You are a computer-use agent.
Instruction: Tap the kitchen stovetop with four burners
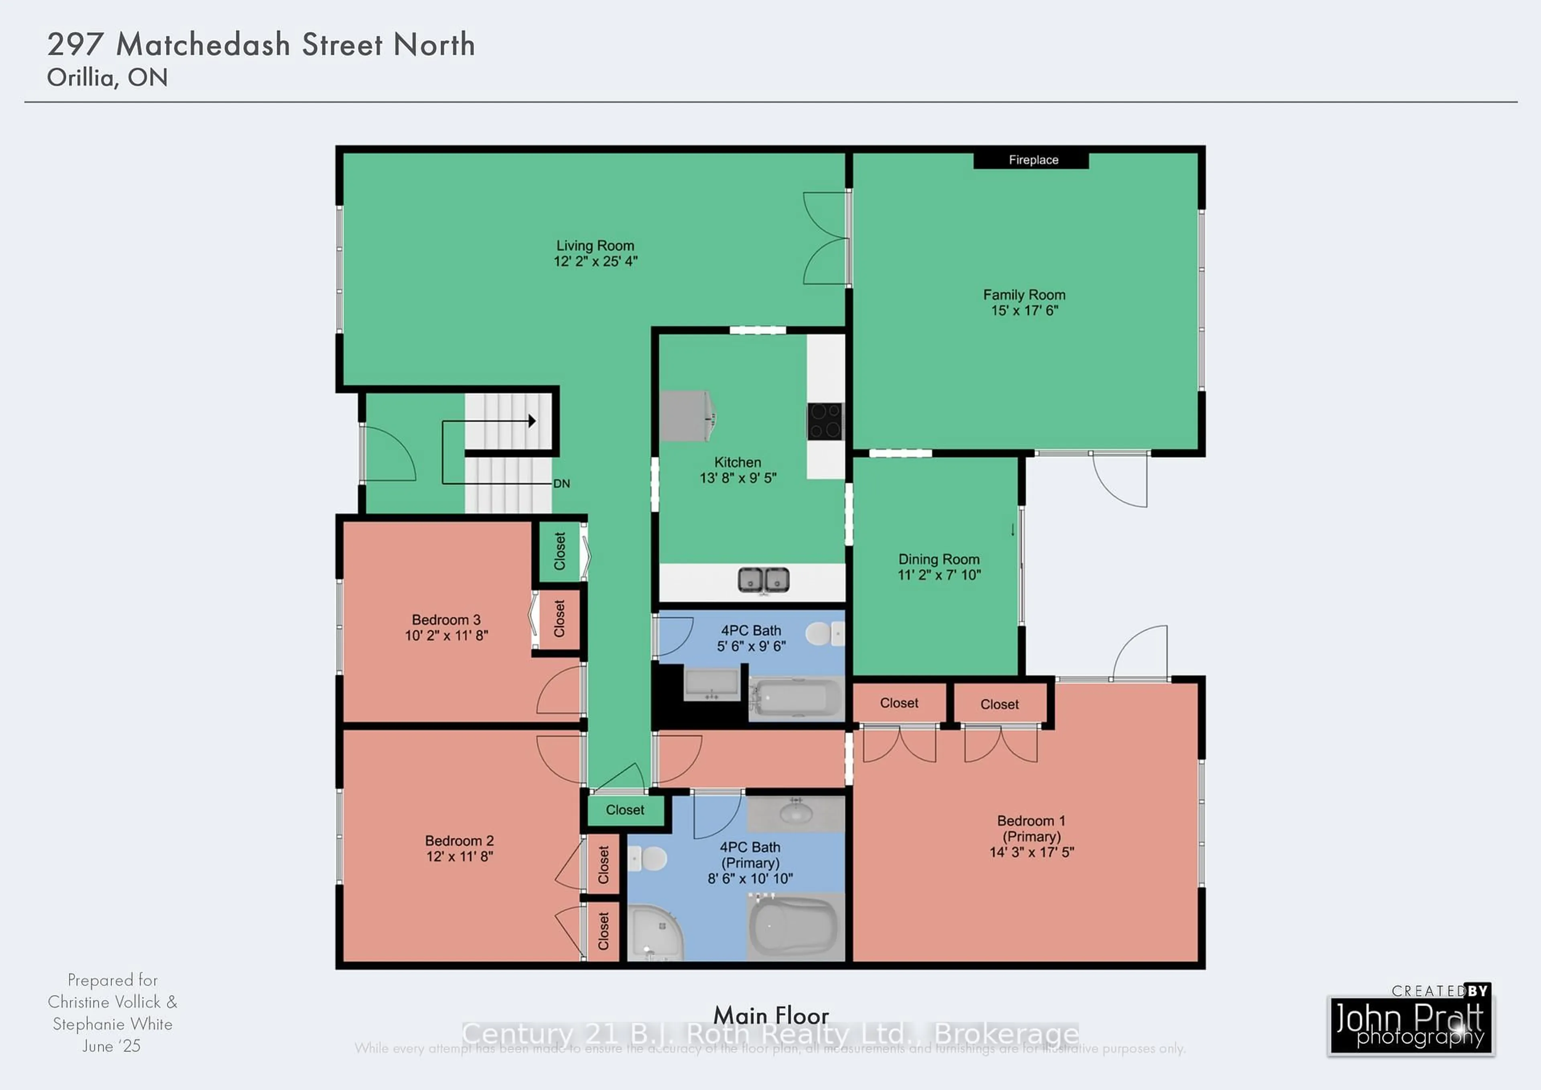pos(825,420)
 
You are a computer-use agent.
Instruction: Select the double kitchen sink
pos(763,579)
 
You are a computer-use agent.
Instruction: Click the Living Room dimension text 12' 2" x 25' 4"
pos(595,261)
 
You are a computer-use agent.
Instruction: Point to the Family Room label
pos(1024,295)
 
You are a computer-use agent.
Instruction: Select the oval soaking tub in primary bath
pos(793,927)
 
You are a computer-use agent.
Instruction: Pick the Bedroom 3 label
pos(446,620)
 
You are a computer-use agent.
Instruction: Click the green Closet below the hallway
pos(625,810)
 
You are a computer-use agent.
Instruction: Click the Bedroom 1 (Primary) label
pos(1031,829)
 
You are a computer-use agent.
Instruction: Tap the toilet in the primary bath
pos(649,857)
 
